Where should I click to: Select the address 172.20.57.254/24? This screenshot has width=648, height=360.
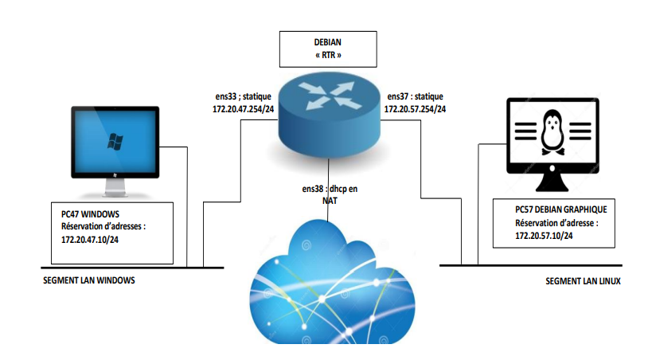click(x=416, y=108)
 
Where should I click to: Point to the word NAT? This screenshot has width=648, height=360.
click(x=330, y=202)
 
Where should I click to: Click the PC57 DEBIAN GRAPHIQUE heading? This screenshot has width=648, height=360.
click(x=560, y=209)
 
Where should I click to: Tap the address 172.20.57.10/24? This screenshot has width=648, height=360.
click(x=545, y=236)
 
